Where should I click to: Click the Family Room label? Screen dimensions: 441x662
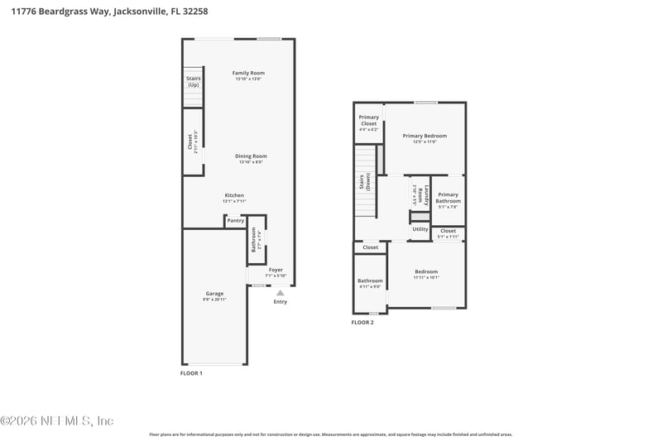coord(248,74)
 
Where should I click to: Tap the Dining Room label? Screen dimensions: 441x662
coord(251,156)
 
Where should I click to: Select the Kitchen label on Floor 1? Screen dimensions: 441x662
coord(233,195)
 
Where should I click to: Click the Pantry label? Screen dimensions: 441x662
coord(235,221)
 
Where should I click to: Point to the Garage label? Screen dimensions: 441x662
coord(214,293)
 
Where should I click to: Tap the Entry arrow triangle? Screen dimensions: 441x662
coord(280,292)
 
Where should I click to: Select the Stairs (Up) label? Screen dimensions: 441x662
coord(193,82)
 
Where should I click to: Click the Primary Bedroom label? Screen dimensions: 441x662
coord(425,136)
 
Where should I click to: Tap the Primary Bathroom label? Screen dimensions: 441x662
coord(448,198)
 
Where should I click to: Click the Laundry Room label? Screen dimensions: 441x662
coord(420,195)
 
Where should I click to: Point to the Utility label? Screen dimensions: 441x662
coord(420,229)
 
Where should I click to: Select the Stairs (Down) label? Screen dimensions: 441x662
coord(365,183)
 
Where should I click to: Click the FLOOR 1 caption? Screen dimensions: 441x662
coord(191,373)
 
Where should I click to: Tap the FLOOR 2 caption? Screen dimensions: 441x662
coord(362,322)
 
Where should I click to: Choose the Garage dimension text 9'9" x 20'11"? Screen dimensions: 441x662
coord(214,299)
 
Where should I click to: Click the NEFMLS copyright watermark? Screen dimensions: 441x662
coord(57,420)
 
